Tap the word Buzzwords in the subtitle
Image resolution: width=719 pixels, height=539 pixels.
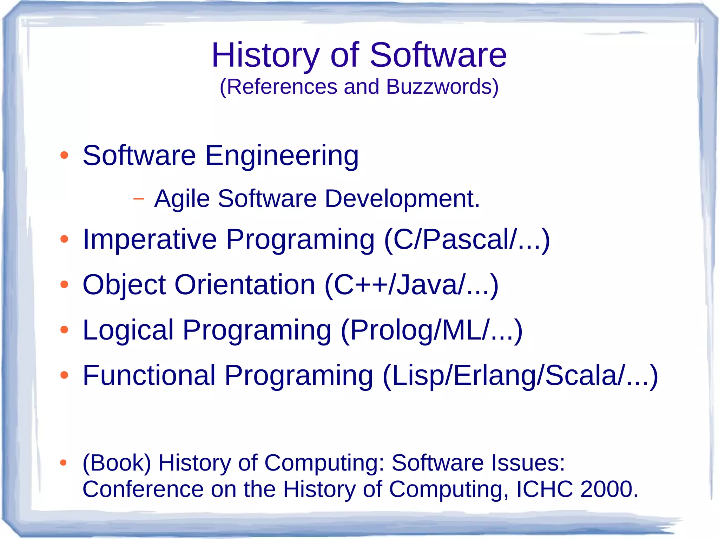click(442, 87)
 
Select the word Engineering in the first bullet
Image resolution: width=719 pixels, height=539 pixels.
click(282, 156)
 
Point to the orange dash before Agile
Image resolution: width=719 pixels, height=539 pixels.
click(139, 199)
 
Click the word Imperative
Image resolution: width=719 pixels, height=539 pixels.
click(150, 239)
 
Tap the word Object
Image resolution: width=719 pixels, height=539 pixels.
click(124, 285)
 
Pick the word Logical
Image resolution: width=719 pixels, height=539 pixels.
click(128, 330)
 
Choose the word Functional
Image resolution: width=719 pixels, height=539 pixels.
click(149, 375)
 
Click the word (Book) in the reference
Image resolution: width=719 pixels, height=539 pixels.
click(117, 463)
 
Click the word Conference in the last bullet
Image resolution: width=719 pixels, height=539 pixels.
click(143, 489)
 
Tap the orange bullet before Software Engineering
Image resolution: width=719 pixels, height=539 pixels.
click(64, 155)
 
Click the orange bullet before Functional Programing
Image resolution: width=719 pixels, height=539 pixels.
click(64, 375)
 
